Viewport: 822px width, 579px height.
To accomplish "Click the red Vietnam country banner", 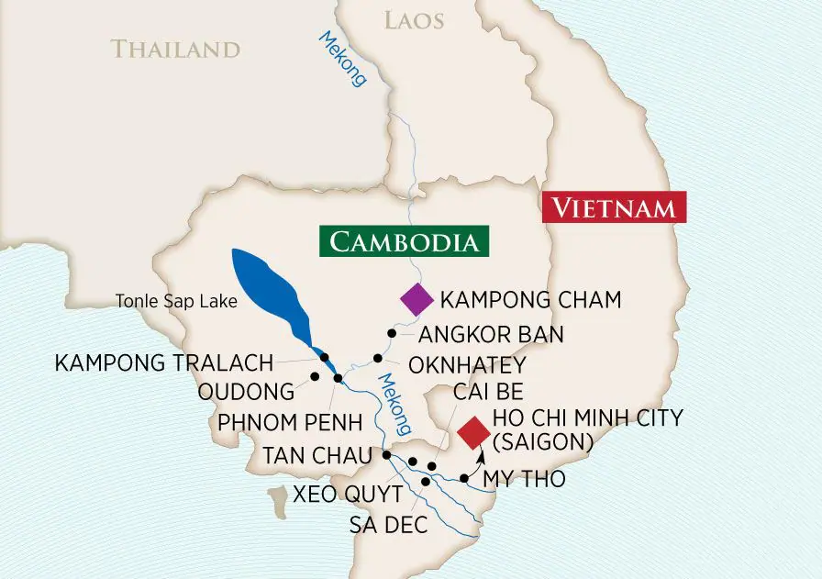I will pyautogui.click(x=615, y=207).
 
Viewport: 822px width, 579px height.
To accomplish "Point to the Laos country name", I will pyautogui.click(x=413, y=19).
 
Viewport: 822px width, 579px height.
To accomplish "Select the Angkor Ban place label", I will pyautogui.click(x=492, y=333).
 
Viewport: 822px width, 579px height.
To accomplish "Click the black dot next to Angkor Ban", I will pyautogui.click(x=392, y=333).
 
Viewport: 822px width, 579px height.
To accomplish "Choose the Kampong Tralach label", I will pyautogui.click(x=163, y=362).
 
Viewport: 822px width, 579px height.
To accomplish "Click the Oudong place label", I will pyautogui.click(x=246, y=393).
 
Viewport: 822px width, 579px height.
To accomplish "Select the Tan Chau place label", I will pyautogui.click(x=317, y=455).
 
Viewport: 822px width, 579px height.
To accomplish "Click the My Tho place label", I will pyautogui.click(x=524, y=479).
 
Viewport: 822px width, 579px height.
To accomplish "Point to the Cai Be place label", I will pyautogui.click(x=489, y=393).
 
